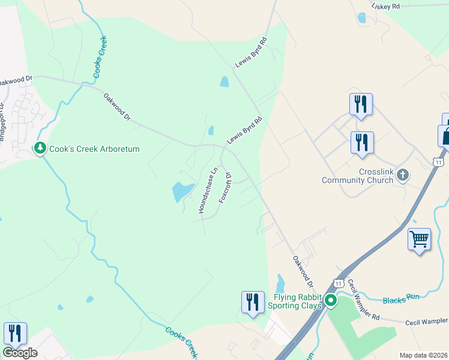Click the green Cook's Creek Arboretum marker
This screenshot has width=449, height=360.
40,148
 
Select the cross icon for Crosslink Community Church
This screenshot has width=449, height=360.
402,175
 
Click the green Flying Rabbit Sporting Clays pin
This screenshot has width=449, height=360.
330,301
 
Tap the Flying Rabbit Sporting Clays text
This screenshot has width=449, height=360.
298,301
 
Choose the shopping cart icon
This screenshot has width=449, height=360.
419,239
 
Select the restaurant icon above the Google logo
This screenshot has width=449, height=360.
15,334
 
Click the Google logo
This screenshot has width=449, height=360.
20,353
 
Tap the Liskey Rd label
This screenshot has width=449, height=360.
385,6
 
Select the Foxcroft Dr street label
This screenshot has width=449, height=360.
225,188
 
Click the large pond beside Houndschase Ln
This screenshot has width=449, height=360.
182,191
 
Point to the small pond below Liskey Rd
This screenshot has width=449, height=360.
361,18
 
